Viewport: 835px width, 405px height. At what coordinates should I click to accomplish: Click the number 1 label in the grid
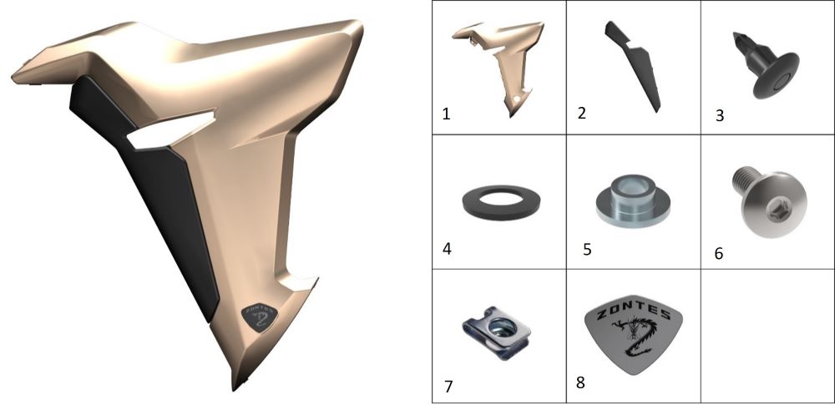446,114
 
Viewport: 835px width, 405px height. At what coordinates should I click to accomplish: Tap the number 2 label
581,113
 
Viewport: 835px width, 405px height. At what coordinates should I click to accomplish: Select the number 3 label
720,115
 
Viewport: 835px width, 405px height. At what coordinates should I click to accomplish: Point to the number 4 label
447,249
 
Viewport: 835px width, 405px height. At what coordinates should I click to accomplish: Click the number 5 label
587,250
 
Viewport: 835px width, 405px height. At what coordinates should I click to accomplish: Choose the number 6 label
719,254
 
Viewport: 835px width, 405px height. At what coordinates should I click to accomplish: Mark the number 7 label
448,387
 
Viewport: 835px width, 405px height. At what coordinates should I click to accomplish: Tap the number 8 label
580,382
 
